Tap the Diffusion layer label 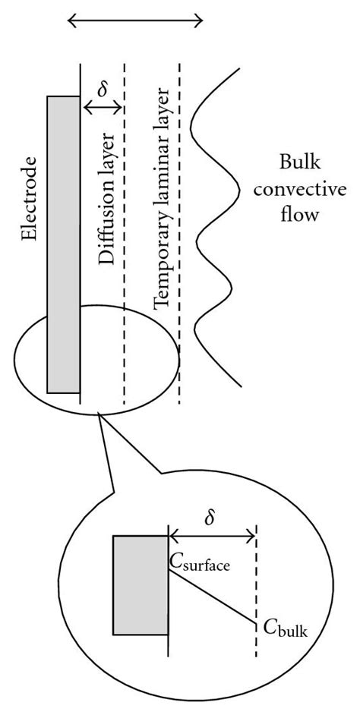pos(106,199)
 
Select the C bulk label pos(286,627)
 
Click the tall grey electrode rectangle pos(63,243)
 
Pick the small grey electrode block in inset pos(140,584)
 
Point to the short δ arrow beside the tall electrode pos(102,110)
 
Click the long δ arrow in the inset pos(213,537)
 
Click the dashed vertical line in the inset pos(257,577)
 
